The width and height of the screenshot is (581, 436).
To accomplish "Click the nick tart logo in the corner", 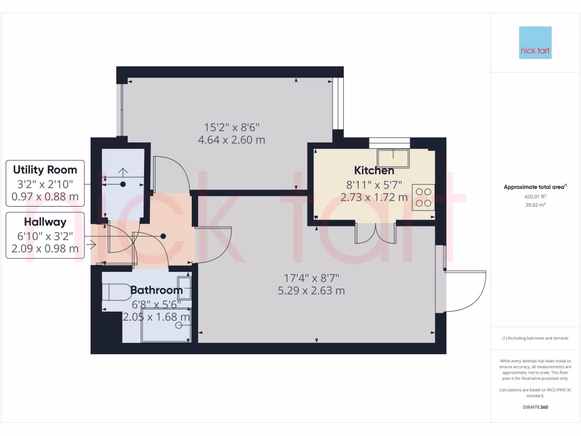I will tap(535, 43).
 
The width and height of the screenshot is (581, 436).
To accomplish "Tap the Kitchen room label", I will tap(374, 170).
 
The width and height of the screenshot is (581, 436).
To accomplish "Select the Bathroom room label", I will tap(157, 290).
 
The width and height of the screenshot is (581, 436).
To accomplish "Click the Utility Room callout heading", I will tap(45, 170).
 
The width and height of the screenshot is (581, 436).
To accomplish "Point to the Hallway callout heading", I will tap(45, 222).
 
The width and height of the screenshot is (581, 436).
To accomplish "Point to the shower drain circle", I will tap(180, 325).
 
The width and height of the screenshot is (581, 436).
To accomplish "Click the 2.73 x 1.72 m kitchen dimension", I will tap(374, 198).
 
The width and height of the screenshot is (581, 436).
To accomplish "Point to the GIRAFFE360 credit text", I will tap(535, 407).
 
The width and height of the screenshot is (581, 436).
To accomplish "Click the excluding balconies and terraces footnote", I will tap(535, 338).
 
